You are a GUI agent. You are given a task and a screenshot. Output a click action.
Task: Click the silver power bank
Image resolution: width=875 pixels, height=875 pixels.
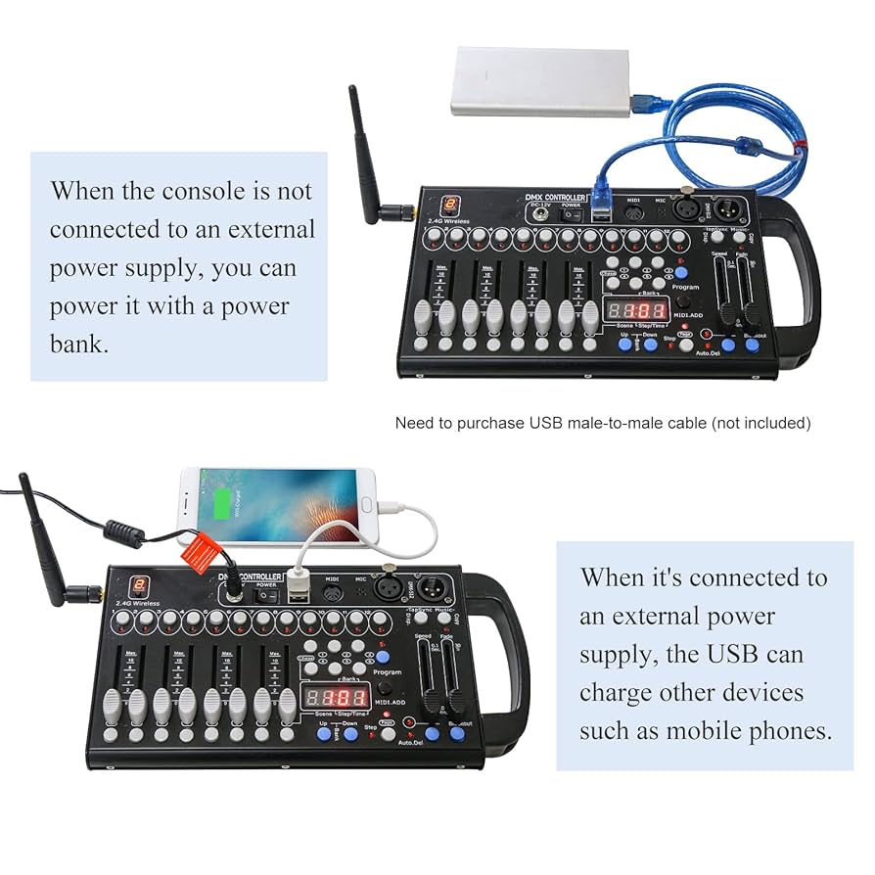click(x=541, y=82)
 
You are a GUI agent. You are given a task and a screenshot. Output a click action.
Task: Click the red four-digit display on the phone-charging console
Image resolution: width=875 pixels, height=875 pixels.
click(x=335, y=697)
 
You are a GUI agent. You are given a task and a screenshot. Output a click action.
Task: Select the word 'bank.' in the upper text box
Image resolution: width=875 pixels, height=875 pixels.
click(x=79, y=345)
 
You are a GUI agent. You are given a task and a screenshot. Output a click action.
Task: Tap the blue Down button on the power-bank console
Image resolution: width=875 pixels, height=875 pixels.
click(x=649, y=345)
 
